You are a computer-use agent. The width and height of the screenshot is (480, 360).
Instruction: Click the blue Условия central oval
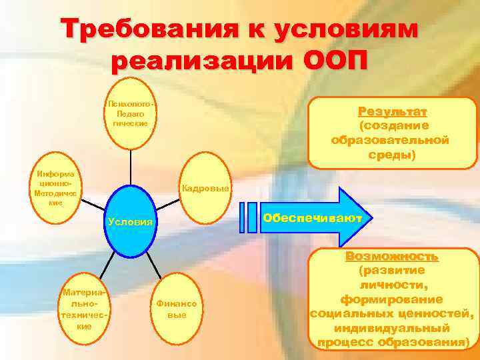131,221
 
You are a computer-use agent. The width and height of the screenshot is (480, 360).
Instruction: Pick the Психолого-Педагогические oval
131,113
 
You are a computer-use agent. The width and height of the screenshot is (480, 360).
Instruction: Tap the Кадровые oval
205,189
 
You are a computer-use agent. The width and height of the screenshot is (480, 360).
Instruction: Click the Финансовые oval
176,308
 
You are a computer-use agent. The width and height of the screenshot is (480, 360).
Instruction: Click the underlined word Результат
392,111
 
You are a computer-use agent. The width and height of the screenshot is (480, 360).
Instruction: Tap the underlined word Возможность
392,257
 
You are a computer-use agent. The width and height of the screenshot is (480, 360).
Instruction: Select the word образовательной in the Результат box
391,141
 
